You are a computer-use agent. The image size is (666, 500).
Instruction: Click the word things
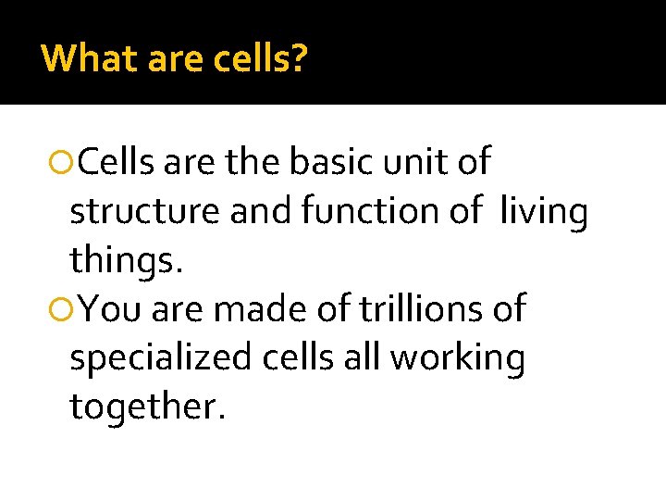(x=127, y=260)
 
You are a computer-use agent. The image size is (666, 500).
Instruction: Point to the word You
(x=109, y=308)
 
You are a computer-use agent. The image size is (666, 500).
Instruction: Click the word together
(x=147, y=405)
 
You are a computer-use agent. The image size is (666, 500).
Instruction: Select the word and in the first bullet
(x=261, y=212)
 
